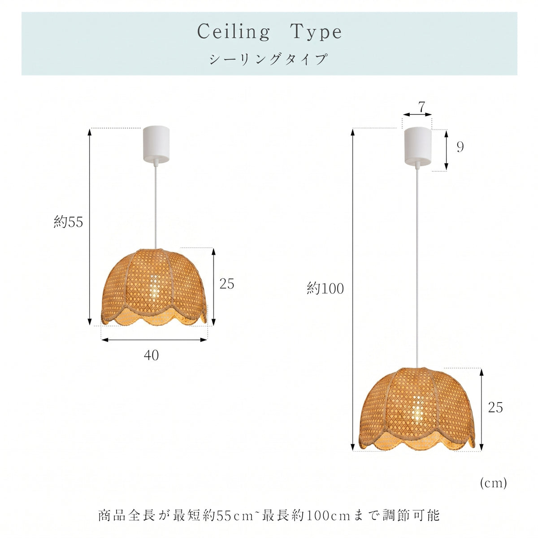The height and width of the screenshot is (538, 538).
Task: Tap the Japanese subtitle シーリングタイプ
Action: (x=269, y=59)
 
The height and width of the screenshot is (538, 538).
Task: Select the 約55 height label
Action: (x=69, y=222)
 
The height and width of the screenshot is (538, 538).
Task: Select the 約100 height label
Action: (x=325, y=288)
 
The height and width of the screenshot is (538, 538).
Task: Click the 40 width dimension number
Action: (x=152, y=356)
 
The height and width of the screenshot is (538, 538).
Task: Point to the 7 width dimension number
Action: (x=421, y=107)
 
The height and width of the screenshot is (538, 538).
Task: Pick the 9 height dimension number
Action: (x=460, y=147)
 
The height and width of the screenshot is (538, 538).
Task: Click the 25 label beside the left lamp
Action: (x=227, y=284)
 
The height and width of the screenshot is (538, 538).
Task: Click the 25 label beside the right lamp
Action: (x=495, y=408)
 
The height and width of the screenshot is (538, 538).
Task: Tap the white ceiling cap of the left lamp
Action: (x=156, y=145)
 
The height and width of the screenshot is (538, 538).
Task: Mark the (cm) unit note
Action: (x=493, y=483)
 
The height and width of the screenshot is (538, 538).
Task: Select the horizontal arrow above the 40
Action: (x=154, y=340)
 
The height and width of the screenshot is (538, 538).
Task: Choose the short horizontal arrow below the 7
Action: (x=417, y=114)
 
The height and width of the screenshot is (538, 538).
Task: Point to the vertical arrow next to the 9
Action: (x=446, y=150)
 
